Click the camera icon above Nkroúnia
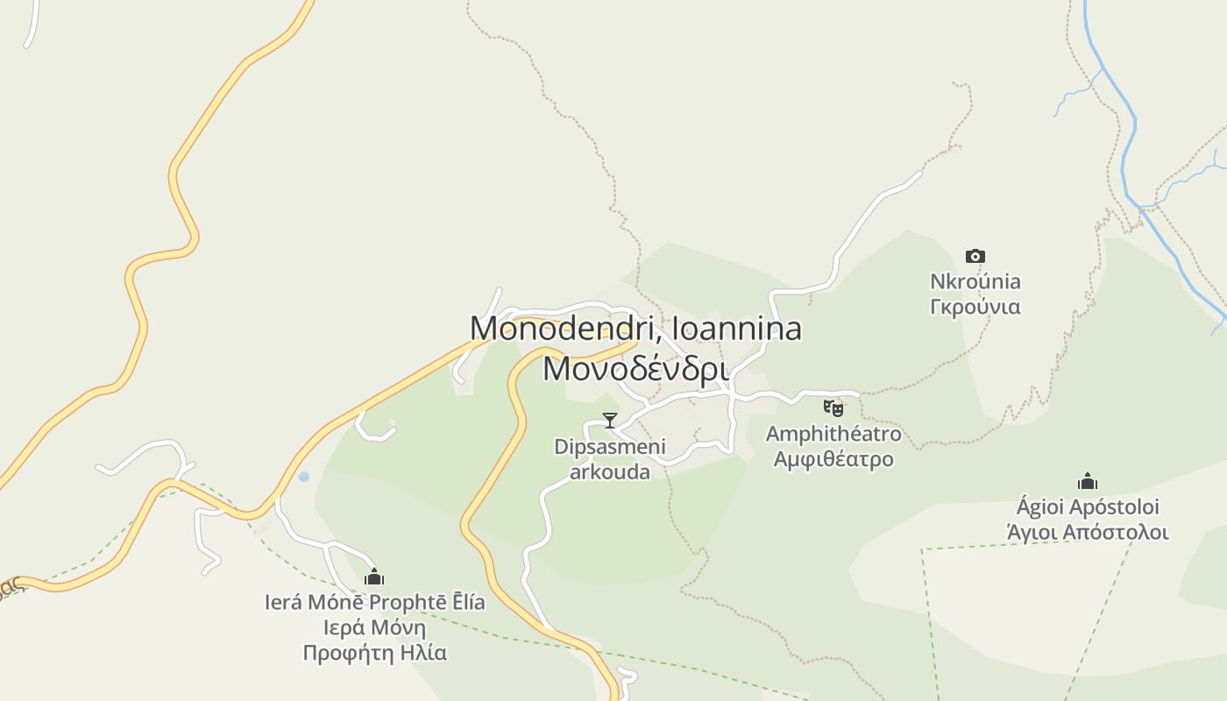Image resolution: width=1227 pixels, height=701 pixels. (975, 257)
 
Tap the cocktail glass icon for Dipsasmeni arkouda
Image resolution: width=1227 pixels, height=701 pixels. (610, 421)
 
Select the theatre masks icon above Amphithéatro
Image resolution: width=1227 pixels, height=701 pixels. (833, 407)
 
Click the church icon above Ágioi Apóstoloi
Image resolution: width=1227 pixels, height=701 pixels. (1088, 481)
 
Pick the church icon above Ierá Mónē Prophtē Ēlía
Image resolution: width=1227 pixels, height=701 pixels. (374, 577)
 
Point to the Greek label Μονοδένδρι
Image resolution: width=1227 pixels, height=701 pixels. (635, 368)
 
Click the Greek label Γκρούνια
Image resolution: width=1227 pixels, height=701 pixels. (975, 307)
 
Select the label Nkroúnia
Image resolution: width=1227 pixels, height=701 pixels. (975, 281)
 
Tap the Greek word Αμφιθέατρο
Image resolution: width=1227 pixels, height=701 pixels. (833, 459)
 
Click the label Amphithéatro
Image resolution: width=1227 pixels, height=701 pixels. (833, 434)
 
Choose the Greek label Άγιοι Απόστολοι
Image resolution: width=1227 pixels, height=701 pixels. (1088, 532)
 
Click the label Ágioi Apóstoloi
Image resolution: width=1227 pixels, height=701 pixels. (1088, 506)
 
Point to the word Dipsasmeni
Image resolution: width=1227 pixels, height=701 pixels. (610, 447)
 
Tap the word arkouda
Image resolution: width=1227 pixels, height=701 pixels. (610, 472)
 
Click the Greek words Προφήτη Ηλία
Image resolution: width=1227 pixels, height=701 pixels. (374, 653)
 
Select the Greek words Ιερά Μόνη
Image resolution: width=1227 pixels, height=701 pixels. (374, 627)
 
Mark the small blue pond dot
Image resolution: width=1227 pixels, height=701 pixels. (304, 477)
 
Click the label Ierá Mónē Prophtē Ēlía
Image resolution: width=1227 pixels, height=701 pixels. (374, 602)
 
